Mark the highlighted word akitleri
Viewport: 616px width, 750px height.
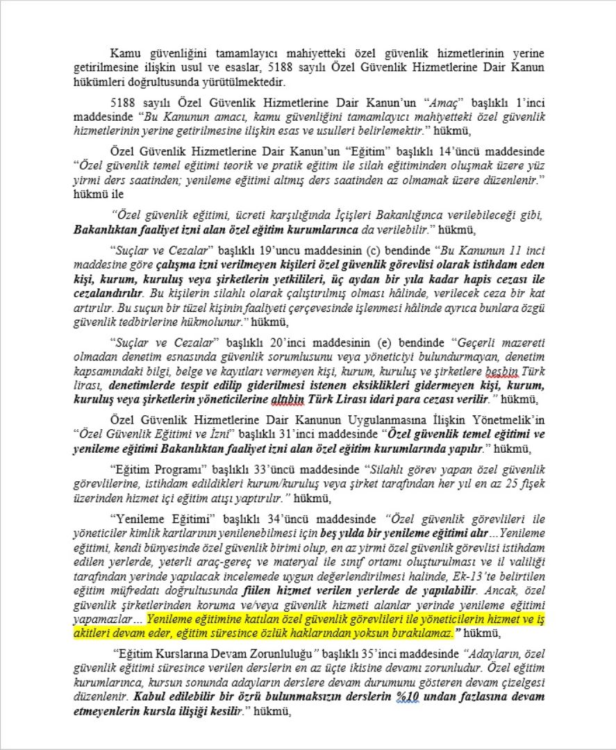pyautogui.click(x=90, y=633)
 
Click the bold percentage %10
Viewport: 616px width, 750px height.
pyautogui.click(x=410, y=696)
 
